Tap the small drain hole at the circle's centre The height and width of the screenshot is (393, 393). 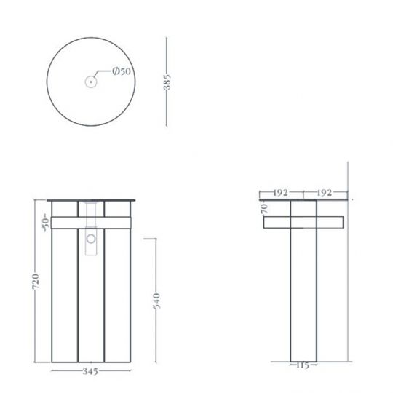point(90,82)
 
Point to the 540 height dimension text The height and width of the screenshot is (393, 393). point(155,301)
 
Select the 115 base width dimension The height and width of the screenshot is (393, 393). point(303,365)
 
